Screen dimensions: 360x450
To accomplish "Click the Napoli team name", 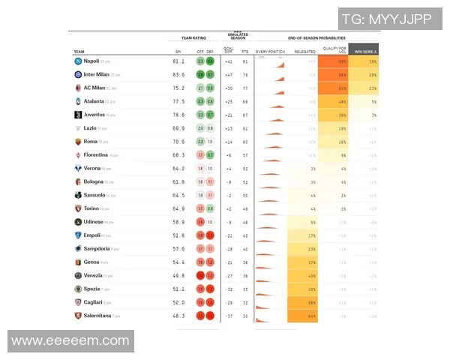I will [91, 61].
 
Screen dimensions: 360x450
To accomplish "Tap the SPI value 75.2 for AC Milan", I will [178, 88].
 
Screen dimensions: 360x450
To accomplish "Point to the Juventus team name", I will [94, 115].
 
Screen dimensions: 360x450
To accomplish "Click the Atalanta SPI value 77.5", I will [178, 101].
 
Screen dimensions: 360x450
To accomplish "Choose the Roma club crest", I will [78, 141].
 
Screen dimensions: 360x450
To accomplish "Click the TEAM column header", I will [79, 52].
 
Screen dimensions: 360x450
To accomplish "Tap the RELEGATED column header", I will [305, 52].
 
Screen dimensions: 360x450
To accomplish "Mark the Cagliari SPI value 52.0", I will [178, 302].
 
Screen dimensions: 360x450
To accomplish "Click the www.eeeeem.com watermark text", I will [70, 340].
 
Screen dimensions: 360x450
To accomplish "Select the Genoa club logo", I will [78, 262].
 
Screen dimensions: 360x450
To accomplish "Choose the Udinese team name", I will [93, 222].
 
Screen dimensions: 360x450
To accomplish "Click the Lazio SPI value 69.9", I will [178, 128].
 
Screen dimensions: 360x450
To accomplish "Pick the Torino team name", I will [92, 208].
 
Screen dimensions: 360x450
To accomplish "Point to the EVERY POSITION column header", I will [270, 52].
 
